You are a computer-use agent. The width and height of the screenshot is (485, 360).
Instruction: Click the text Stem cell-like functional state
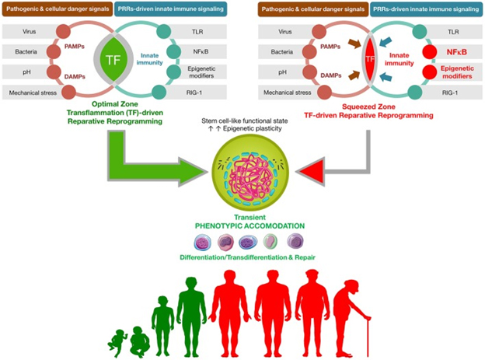pyautogui.click(x=242, y=124)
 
